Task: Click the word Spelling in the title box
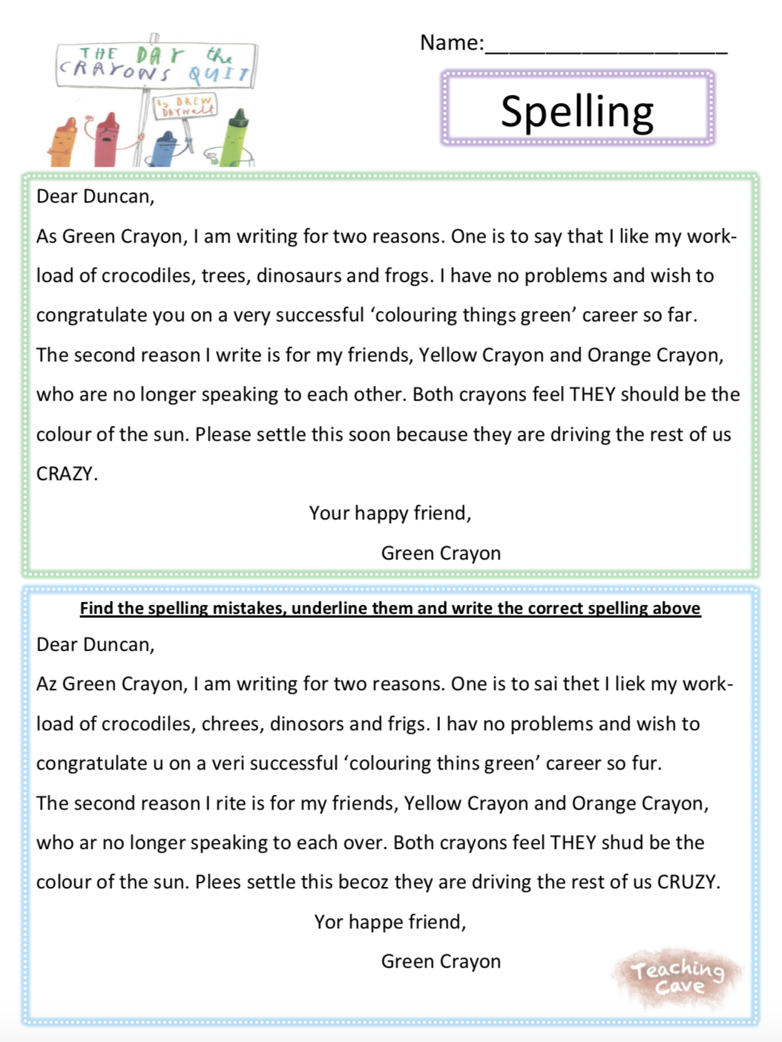(577, 111)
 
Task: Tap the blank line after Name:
(605, 46)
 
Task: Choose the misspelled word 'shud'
(622, 842)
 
